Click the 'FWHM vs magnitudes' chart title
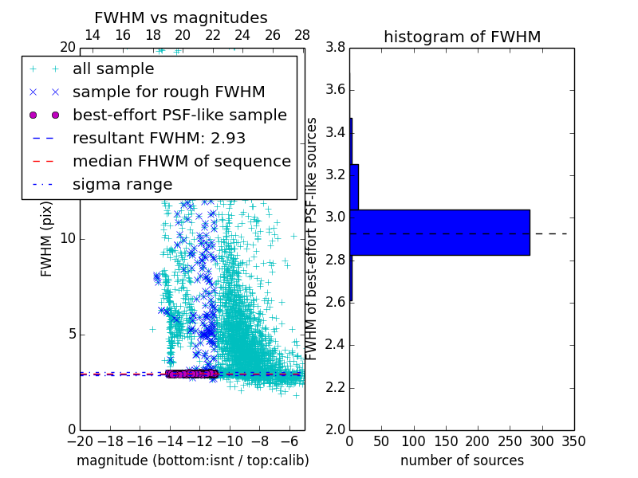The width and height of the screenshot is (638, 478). (181, 18)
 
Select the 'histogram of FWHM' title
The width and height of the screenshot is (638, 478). (462, 37)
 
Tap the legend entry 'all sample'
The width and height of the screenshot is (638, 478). (113, 69)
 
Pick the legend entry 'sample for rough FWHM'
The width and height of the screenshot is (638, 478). (168, 92)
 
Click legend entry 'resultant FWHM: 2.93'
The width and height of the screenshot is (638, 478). (165, 138)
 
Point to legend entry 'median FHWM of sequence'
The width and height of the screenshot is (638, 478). (181, 161)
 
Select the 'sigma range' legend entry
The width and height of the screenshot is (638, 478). (122, 184)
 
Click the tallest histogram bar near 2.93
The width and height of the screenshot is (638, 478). (439, 232)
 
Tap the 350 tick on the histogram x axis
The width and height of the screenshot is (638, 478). (573, 441)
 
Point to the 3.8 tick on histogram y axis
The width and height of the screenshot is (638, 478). (336, 48)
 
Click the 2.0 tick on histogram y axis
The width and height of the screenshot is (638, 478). (336, 429)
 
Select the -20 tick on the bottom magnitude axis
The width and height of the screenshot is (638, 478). (80, 441)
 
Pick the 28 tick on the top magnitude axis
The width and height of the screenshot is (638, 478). (302, 35)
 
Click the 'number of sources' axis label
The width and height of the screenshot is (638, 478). (462, 460)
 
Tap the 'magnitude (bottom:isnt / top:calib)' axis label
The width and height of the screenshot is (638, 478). (192, 460)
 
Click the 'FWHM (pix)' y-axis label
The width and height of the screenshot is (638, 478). (47, 239)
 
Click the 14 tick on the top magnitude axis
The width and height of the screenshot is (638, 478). (93, 35)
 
